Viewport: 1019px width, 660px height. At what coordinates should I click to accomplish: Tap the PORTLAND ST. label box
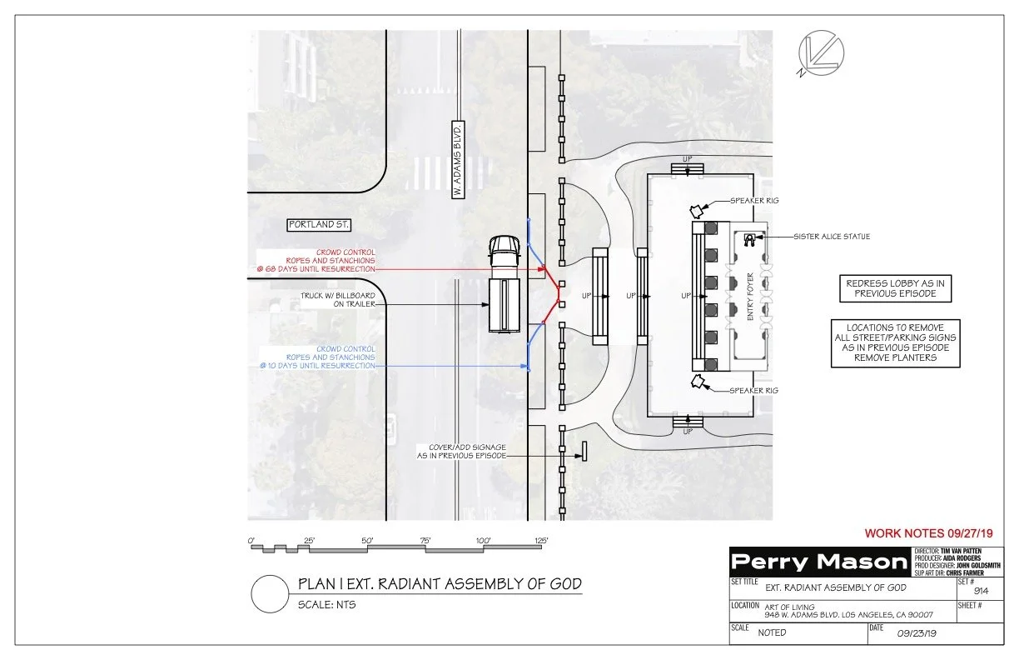320,225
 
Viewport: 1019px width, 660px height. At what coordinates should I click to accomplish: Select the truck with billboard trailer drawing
501,284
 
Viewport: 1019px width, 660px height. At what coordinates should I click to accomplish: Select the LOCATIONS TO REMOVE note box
895,342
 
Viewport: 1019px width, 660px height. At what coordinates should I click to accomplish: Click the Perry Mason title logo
818,562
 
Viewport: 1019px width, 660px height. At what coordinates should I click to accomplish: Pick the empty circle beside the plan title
270,593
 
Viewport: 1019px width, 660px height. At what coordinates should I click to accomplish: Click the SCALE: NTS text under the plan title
327,604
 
